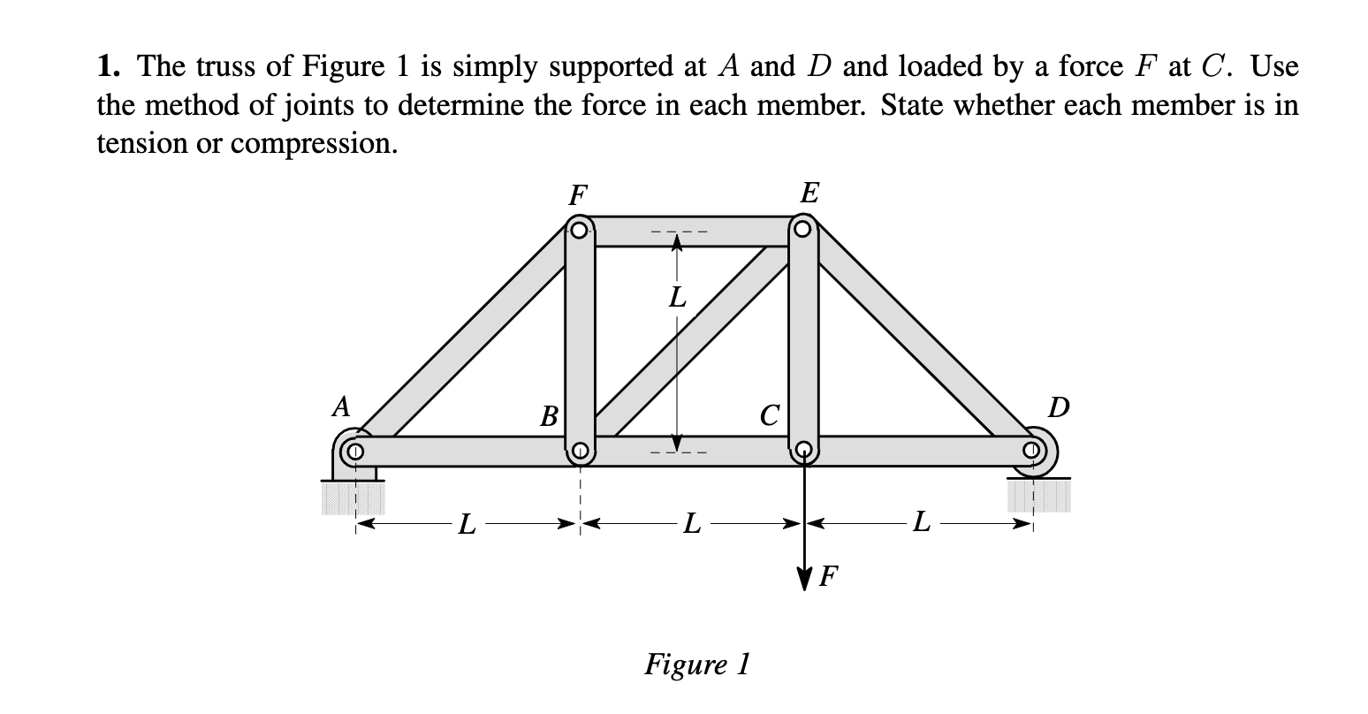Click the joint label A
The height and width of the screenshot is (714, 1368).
[340, 406]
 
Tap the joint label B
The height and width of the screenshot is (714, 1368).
[550, 414]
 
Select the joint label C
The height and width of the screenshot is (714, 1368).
[771, 414]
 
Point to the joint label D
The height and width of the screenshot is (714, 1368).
[1058, 407]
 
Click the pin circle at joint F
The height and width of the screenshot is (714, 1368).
[578, 232]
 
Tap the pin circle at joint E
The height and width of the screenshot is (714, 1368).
[802, 231]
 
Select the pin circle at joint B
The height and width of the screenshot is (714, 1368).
[579, 452]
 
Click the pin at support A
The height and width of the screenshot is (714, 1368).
[355, 452]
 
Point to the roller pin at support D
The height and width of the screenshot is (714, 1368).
[1031, 451]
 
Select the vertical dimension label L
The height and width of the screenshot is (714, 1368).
[677, 298]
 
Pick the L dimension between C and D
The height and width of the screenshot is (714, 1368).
[921, 525]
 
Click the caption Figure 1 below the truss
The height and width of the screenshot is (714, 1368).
[697, 663]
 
